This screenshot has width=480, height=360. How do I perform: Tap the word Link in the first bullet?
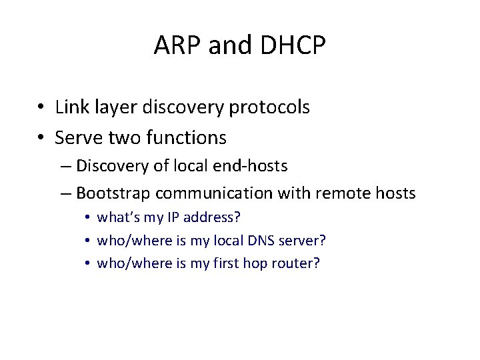[x=69, y=107]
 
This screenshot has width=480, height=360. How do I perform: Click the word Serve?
[x=75, y=138]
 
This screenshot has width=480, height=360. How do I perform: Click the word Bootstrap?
[x=113, y=193]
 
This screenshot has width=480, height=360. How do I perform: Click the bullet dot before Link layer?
[x=41, y=107]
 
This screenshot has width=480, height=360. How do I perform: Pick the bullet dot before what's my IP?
[x=87, y=218]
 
